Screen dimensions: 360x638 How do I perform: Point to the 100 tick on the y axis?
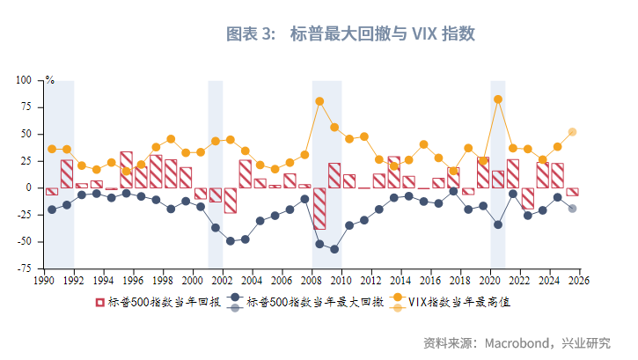click(x=24, y=80)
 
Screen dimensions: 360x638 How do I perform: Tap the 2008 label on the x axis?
click(x=311, y=280)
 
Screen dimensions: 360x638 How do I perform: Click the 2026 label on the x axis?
click(x=578, y=280)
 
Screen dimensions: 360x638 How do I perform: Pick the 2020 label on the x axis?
click(x=489, y=280)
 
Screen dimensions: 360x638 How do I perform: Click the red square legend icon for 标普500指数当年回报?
click(x=100, y=302)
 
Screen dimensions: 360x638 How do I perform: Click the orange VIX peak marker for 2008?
click(x=319, y=101)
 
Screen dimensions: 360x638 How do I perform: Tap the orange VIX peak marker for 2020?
click(x=498, y=99)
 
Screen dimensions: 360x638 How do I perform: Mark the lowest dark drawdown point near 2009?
click(x=334, y=249)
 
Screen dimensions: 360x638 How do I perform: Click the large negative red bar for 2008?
click(x=319, y=208)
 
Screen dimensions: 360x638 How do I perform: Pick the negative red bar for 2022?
click(x=528, y=197)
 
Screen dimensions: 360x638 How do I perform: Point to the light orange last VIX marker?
click(x=572, y=132)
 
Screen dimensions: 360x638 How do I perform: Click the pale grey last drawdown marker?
click(x=572, y=209)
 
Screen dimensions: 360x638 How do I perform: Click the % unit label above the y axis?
click(x=50, y=81)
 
